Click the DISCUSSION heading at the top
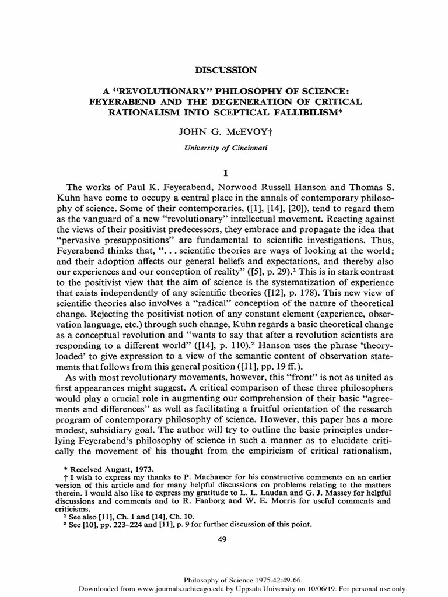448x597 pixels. (224, 71)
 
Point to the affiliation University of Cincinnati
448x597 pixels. (224, 148)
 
